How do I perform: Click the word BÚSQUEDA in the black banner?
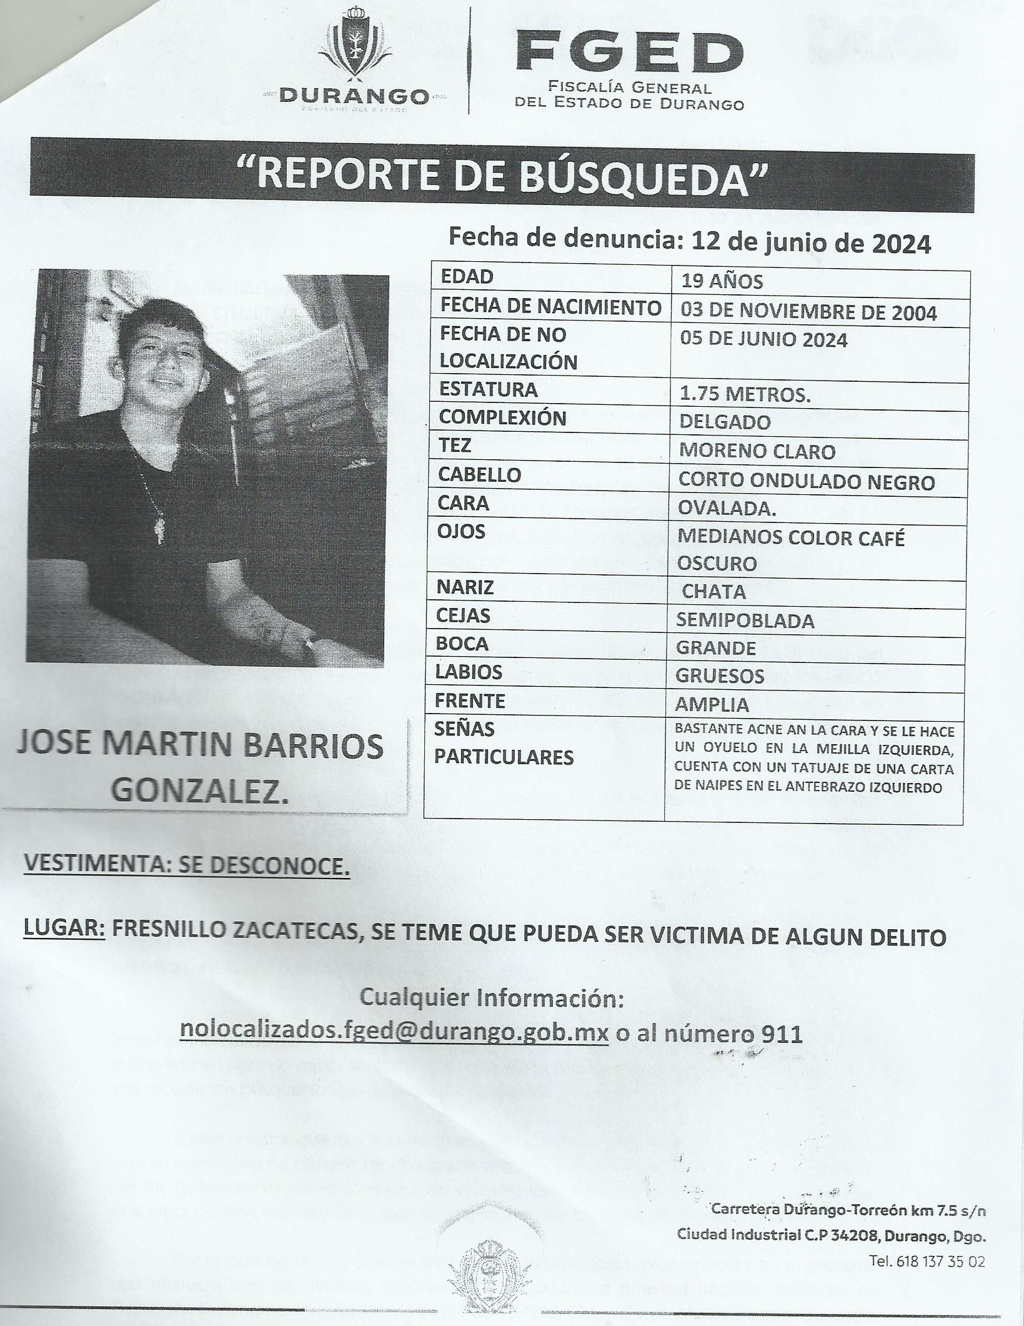pos(637,174)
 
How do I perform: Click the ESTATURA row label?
pos(488,390)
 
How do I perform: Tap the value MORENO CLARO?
pos(757,451)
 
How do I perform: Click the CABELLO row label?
pos(479,475)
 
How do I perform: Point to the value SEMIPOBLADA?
pos(745,621)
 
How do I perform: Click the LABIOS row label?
pos(470,672)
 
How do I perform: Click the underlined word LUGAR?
pos(64,937)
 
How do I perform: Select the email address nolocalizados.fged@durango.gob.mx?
pos(394,1034)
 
